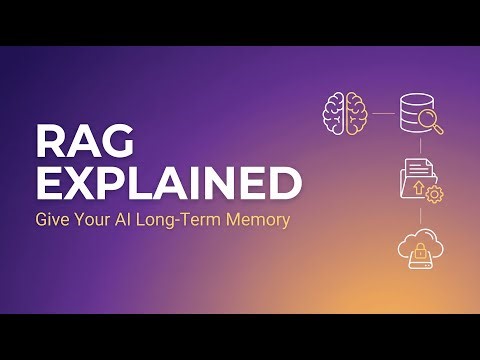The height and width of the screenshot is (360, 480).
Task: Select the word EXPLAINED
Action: click(168, 184)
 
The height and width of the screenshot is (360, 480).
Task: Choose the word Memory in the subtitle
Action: click(259, 219)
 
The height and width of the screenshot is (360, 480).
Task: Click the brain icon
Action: click(344, 112)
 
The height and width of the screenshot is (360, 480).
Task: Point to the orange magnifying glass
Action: click(431, 122)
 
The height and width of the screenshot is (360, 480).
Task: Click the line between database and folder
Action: click(419, 147)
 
